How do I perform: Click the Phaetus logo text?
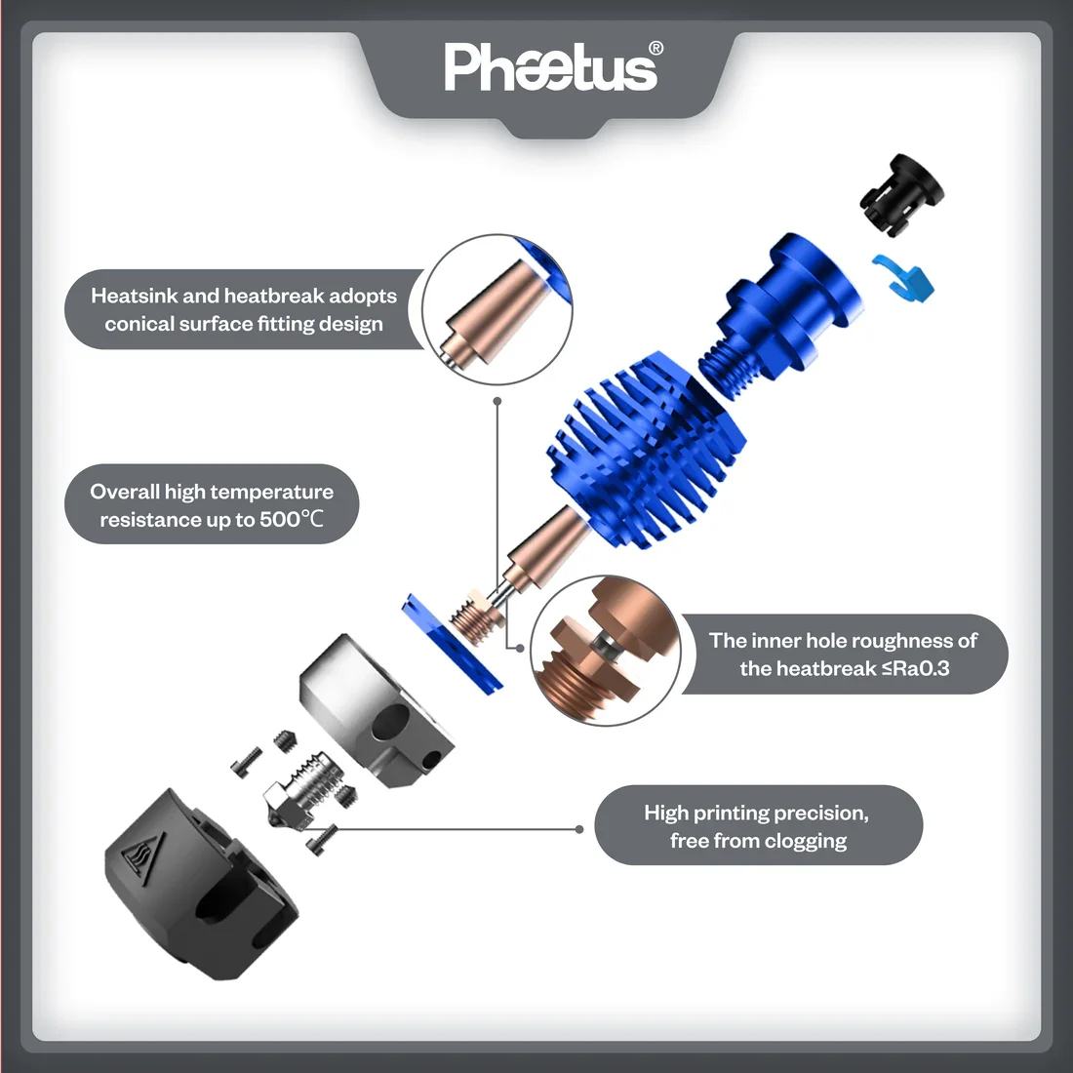[551, 67]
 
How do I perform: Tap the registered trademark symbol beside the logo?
[655, 48]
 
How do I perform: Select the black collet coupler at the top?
[900, 195]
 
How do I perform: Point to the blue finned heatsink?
[646, 450]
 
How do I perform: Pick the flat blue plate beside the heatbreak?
[452, 643]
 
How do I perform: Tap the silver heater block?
[376, 711]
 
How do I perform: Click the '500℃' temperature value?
[291, 519]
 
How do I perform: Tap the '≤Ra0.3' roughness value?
[915, 668]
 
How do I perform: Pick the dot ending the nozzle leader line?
[579, 829]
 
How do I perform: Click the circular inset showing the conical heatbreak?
[497, 308]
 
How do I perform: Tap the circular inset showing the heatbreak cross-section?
[606, 651]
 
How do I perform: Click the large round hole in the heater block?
[391, 722]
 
